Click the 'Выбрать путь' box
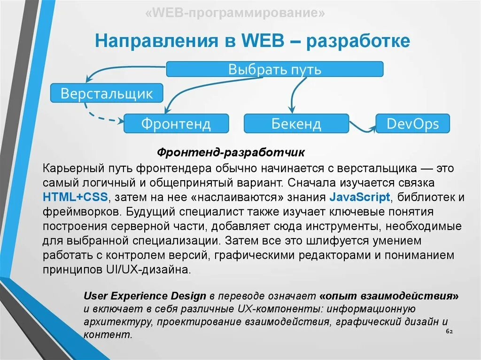[x=275, y=69]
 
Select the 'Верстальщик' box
[x=107, y=93]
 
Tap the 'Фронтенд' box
[x=176, y=123]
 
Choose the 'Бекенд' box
[x=296, y=123]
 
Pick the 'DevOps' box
[x=412, y=123]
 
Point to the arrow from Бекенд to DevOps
[x=362, y=127]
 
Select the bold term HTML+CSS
[x=75, y=196]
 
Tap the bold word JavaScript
[x=360, y=196]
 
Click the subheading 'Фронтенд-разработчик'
[x=231, y=153]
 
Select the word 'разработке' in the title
[x=358, y=41]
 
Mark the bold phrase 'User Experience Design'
[x=145, y=296]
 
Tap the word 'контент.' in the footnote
[x=108, y=335]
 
